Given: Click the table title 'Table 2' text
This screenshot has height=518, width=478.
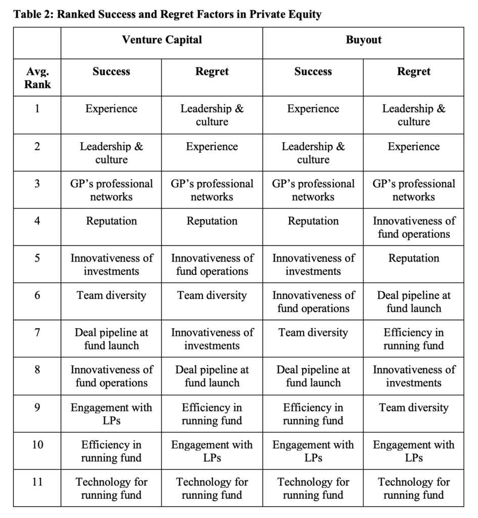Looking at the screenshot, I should (x=167, y=14).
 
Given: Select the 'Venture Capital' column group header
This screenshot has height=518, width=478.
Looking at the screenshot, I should (x=162, y=40).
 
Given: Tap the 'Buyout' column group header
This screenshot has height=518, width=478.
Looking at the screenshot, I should (x=363, y=40).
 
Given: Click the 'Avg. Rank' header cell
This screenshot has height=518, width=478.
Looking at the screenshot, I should (x=37, y=78).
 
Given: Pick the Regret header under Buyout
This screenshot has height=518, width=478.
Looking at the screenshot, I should (x=413, y=72).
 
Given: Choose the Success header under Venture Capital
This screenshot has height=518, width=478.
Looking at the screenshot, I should (x=111, y=72).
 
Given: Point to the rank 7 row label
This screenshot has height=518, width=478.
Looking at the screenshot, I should (x=37, y=333).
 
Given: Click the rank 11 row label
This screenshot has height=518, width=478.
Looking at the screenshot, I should (x=37, y=482).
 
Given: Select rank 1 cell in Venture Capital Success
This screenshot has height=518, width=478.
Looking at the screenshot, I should (x=111, y=109).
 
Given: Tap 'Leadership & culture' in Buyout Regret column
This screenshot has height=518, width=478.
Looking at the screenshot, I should (x=413, y=115).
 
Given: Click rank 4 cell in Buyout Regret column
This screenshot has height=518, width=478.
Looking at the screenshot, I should (x=413, y=228).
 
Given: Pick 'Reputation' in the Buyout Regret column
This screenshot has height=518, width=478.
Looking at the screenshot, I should (x=413, y=258).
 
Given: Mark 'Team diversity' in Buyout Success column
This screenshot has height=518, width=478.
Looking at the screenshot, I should (x=313, y=333).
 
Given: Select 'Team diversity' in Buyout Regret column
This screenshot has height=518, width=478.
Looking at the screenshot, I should (x=413, y=408).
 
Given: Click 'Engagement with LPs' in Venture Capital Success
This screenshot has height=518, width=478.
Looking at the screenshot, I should (x=111, y=414).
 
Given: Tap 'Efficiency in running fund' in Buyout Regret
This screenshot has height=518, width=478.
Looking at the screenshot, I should (x=413, y=339).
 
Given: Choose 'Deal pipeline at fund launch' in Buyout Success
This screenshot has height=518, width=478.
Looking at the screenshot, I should (x=313, y=376).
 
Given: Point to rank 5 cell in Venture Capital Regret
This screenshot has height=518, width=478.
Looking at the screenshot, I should (x=212, y=265).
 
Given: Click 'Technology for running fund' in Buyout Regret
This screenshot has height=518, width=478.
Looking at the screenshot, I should (x=413, y=488).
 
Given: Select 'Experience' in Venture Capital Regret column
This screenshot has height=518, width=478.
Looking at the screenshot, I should (x=212, y=147).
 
